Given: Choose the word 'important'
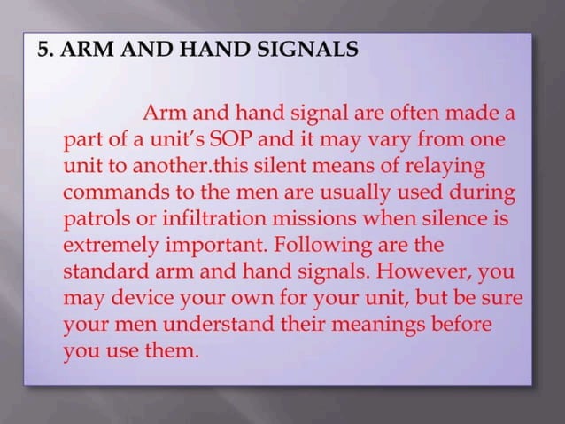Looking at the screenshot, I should (213, 240).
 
